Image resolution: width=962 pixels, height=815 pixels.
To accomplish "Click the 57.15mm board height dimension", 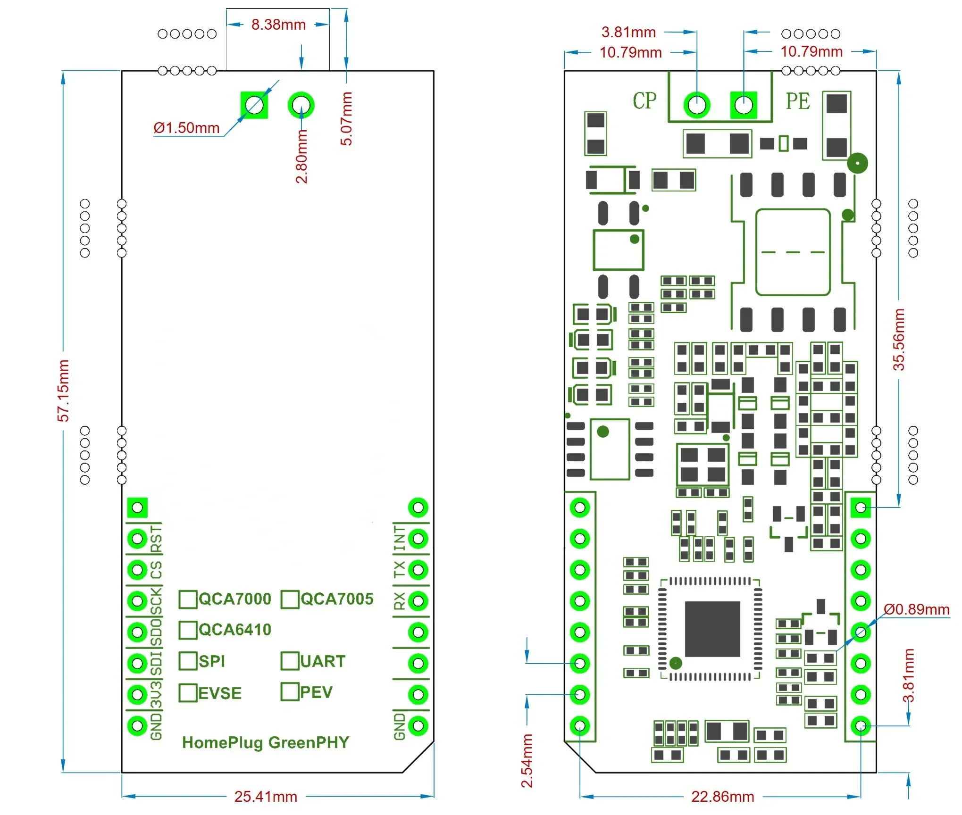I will pos(63,391).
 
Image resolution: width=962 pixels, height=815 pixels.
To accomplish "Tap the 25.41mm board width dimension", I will pos(266,797).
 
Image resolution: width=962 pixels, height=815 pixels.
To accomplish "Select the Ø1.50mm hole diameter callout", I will pos(186,128).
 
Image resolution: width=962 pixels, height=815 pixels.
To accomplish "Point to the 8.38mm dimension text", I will pos(278,25).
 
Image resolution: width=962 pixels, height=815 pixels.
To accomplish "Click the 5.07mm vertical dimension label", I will pos(347,119).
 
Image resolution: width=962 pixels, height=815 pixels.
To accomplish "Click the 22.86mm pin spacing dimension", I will pos(722,797).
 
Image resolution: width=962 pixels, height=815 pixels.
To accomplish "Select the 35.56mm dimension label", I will pos(899,340).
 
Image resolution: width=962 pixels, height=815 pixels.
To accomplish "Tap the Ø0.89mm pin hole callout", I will pos(916,609).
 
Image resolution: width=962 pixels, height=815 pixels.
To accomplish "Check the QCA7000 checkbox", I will pos(188,599).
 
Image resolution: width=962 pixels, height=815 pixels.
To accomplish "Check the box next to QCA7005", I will pos(290,599).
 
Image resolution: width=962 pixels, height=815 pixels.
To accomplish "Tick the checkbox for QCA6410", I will pos(188,630).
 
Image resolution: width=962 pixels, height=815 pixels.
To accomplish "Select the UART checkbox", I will pos(290,661).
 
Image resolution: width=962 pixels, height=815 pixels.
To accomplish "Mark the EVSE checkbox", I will pos(188,693).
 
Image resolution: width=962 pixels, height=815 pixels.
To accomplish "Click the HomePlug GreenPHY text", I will pos(266,742).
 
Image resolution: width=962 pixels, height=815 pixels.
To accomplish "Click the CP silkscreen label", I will pos(644,101).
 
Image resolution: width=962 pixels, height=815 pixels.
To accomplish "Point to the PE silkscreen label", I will pos(797,101).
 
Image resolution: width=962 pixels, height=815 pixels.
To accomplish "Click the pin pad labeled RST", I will pos(137,539).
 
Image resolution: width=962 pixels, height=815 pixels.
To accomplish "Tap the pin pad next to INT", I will pos(418,539).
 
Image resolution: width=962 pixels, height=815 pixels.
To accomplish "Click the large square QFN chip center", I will pos(712,629).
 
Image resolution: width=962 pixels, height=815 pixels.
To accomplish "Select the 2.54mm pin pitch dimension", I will pos(527,760).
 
